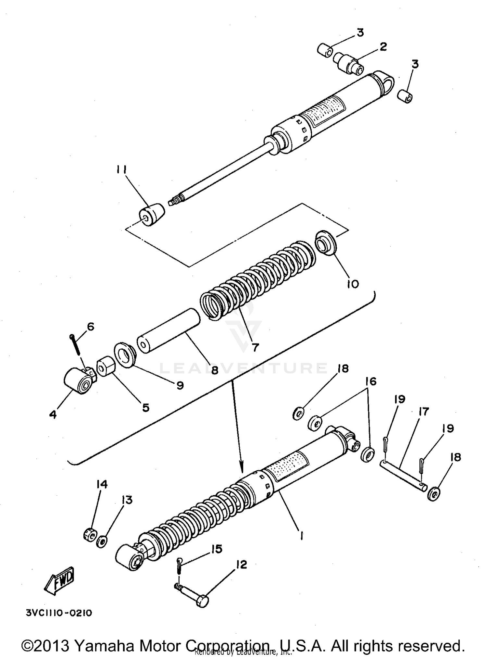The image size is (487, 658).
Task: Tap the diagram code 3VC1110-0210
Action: pos(58,613)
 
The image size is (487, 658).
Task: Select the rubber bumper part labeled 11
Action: pos(151,215)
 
